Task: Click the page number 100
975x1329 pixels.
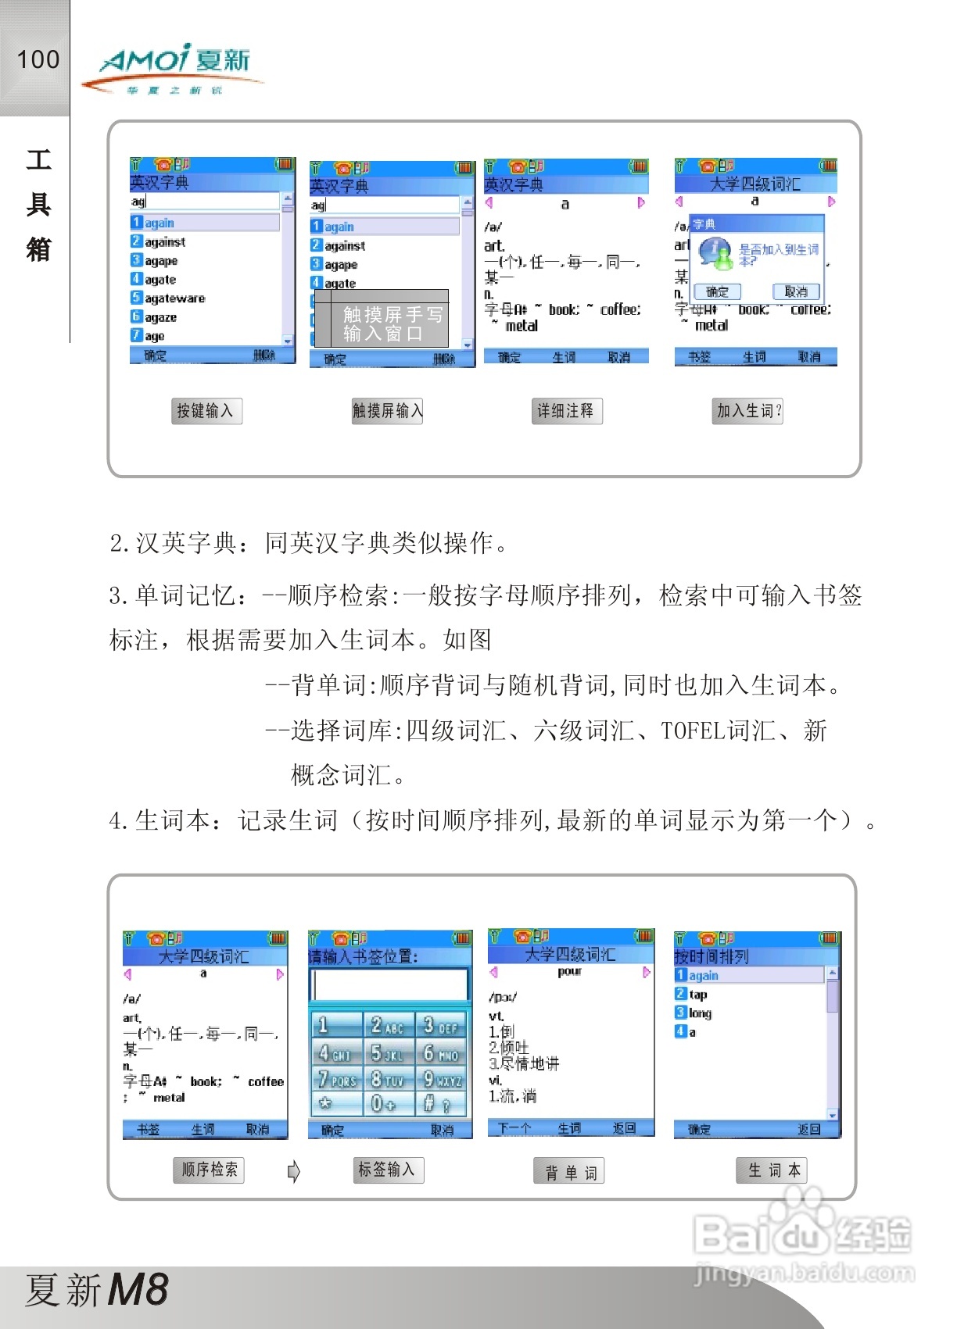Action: click(x=38, y=59)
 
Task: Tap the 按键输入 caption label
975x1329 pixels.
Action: click(x=206, y=411)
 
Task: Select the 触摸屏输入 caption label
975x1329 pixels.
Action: click(x=387, y=411)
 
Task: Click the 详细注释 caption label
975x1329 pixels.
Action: click(x=566, y=411)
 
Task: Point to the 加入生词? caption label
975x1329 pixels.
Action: click(x=748, y=411)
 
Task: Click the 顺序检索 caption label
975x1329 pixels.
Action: click(x=209, y=1170)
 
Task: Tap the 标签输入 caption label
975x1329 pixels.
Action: click(x=388, y=1170)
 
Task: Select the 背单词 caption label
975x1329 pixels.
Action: click(x=570, y=1172)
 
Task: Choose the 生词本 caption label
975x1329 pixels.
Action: click(x=772, y=1170)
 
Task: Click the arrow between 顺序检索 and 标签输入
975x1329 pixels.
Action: click(x=294, y=1171)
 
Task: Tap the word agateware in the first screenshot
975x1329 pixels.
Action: click(x=175, y=298)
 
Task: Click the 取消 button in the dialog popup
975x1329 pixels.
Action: click(x=796, y=291)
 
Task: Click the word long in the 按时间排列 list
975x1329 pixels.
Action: click(x=700, y=1013)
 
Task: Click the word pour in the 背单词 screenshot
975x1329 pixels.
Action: click(x=569, y=971)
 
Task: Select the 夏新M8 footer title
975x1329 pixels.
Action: click(x=97, y=1290)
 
